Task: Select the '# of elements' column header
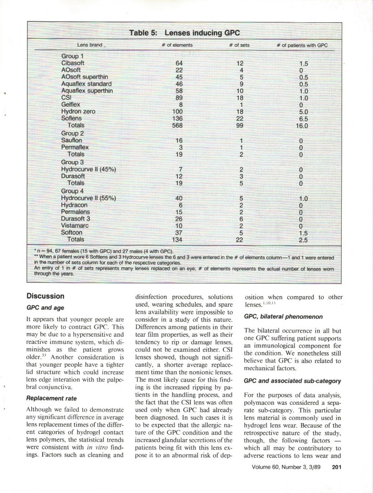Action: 177,45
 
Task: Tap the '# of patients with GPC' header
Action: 302,45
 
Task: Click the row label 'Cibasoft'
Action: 73,63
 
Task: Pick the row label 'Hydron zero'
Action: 78,111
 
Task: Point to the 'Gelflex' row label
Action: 71,104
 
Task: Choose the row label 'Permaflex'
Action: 75,147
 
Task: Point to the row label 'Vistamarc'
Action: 75,226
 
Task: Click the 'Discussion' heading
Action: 45,296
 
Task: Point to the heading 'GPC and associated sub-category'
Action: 292,381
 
